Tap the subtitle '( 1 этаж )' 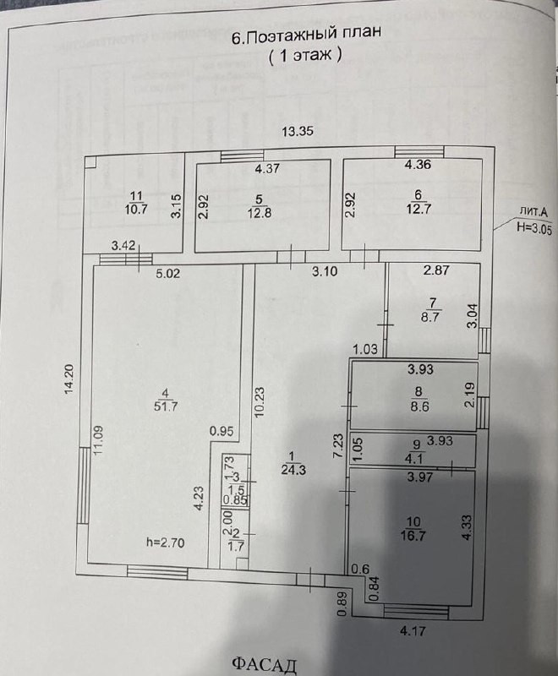(305, 56)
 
